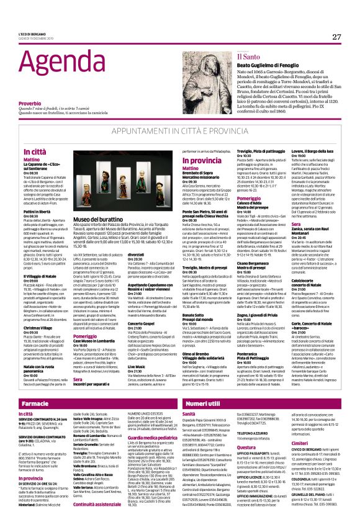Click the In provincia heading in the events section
tap(198, 160)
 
